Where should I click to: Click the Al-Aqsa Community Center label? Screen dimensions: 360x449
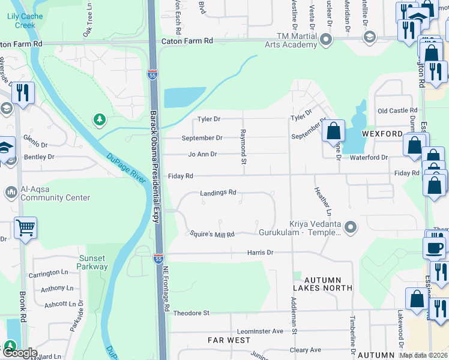[x=55, y=193]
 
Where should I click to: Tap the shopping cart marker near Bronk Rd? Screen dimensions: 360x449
[x=25, y=227]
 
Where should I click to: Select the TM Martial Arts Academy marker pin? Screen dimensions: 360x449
[x=326, y=40]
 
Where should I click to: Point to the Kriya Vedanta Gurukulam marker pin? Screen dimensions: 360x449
[x=351, y=227]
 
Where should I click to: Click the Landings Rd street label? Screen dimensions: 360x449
[x=218, y=193]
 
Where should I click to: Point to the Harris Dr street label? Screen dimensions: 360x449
[x=260, y=253]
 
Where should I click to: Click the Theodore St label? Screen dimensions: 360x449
[x=191, y=313]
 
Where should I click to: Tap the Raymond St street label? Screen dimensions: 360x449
[x=244, y=146]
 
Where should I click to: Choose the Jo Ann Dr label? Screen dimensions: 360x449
[x=202, y=154]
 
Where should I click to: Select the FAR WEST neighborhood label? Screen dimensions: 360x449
[x=229, y=340]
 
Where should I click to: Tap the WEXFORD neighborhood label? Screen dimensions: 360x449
[x=382, y=133]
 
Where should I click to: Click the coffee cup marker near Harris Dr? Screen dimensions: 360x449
[x=433, y=247]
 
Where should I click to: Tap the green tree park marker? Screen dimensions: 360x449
[x=99, y=120]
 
